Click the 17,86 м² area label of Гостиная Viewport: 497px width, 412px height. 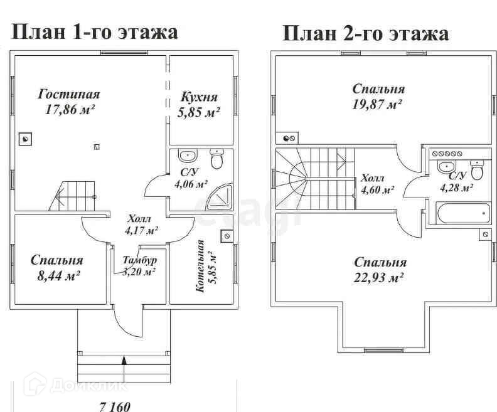[70, 110]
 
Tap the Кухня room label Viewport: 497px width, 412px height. [199, 97]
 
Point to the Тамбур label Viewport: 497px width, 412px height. [139, 260]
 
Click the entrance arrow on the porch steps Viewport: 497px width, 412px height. [124, 361]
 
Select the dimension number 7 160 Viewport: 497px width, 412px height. [114, 406]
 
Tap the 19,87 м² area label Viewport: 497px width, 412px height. [377, 103]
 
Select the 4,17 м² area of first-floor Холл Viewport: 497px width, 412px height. [141, 231]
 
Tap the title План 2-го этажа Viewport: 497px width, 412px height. [365, 33]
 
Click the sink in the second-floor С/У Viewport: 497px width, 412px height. [446, 167]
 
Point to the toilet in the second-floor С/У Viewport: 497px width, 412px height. [477, 170]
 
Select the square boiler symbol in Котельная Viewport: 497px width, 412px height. [225, 236]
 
